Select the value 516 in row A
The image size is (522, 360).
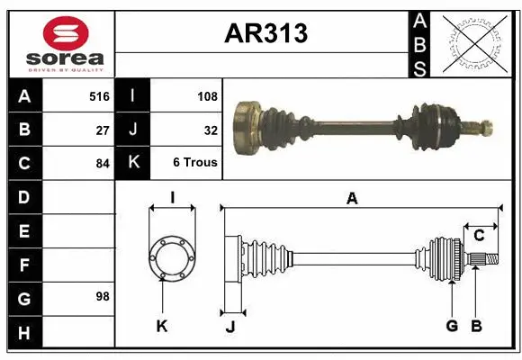99,95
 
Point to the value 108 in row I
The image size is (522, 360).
207,95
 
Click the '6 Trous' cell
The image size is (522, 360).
195,164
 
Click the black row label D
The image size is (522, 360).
24,196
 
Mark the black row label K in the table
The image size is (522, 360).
133,164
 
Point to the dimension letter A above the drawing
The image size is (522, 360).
352,199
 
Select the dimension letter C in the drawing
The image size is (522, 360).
479,236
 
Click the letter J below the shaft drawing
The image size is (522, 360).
229,327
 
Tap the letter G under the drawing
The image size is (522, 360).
452,326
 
